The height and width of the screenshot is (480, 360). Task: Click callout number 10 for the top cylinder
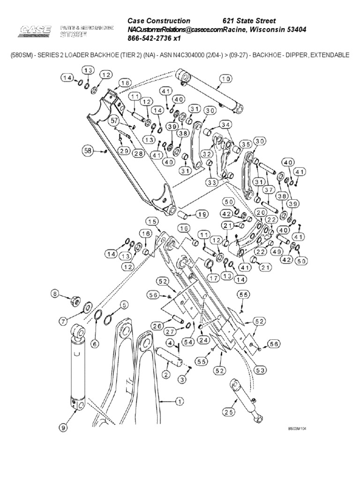point(226,79)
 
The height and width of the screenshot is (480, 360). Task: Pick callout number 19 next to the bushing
point(201,215)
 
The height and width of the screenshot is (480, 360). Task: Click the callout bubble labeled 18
point(124,83)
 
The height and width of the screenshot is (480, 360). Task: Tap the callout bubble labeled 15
point(151,221)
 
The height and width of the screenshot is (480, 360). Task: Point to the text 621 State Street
point(248,21)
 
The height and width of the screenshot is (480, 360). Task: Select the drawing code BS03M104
point(298,428)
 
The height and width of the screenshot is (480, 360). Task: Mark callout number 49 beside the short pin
point(277,252)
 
